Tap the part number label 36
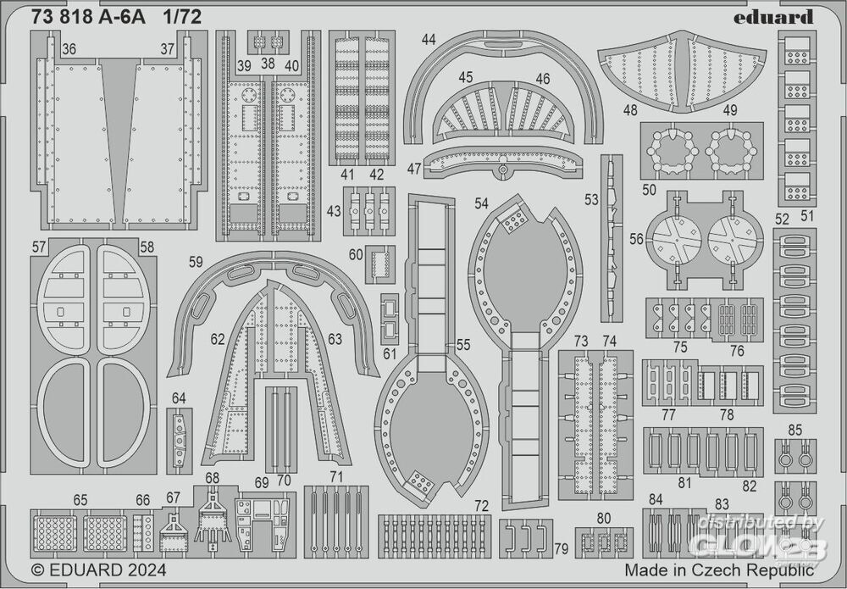[69, 50]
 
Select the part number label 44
[429, 40]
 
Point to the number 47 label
[413, 169]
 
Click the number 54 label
[482, 204]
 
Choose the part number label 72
[481, 506]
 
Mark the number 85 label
[794, 430]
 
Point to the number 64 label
[179, 398]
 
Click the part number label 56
[635, 239]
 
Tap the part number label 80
[603, 519]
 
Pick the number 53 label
[590, 200]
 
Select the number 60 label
[356, 254]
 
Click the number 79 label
[560, 549]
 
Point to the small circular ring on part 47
[503, 169]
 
